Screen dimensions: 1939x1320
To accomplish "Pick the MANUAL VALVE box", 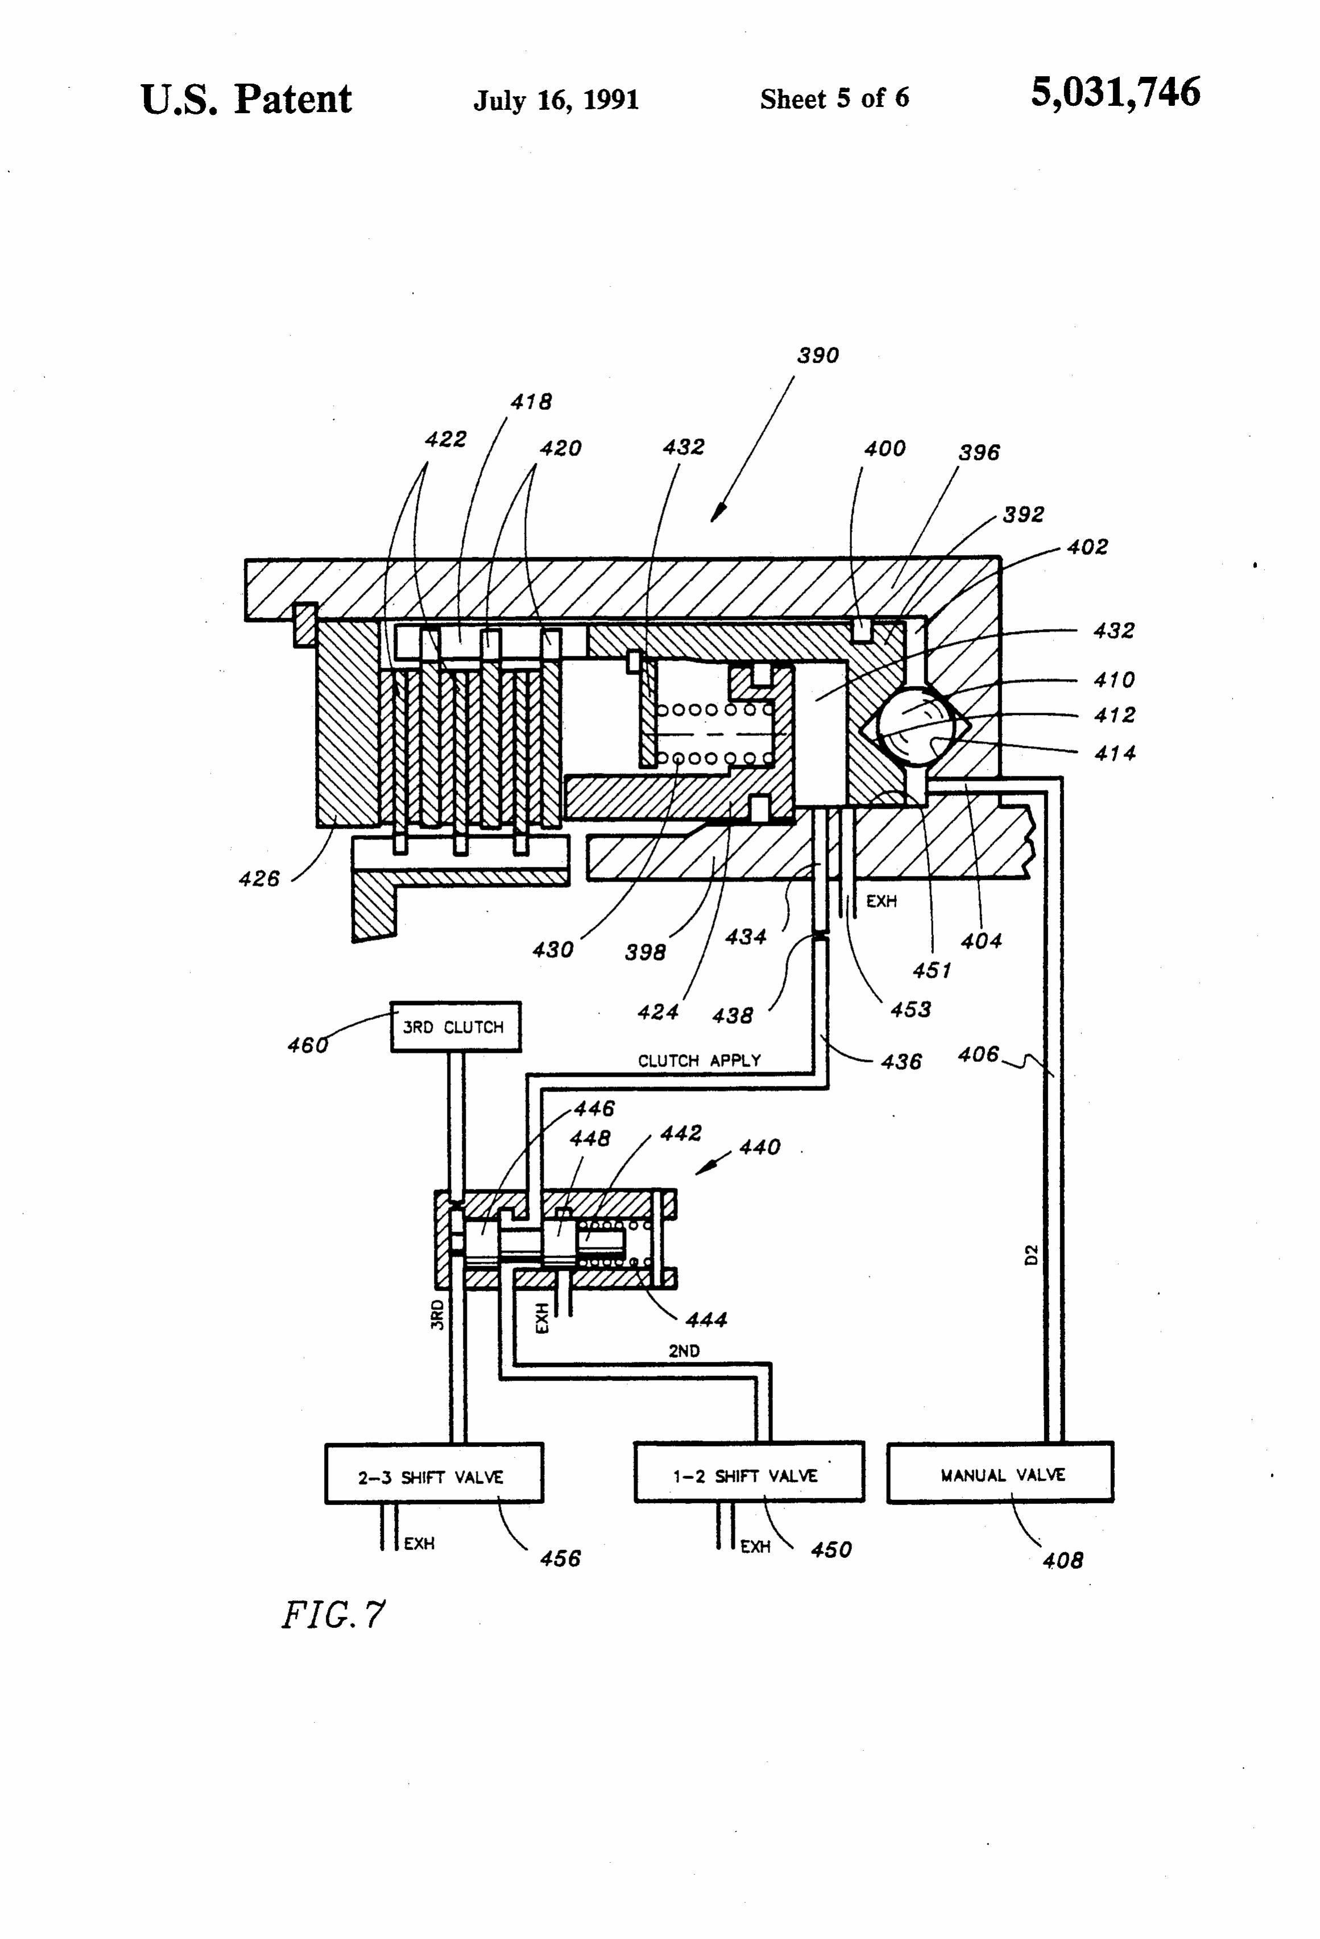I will tap(1000, 1474).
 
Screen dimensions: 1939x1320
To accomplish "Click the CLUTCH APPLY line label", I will tap(699, 1060).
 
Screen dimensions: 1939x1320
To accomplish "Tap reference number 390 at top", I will tap(818, 355).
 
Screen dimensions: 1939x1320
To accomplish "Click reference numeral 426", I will tap(259, 879).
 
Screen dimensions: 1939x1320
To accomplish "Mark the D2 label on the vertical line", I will tap(1031, 1254).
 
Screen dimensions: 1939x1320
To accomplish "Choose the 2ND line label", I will tap(684, 1350).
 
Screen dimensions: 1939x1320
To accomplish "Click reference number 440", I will tap(759, 1147).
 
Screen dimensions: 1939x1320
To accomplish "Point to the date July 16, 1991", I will tap(556, 101).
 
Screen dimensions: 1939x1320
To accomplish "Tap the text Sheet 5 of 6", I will tap(834, 98).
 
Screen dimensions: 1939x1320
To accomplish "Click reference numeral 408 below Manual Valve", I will tap(1062, 1560).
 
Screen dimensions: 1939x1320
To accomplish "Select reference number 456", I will tap(560, 1558).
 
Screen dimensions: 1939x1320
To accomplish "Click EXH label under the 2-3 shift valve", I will tap(419, 1544).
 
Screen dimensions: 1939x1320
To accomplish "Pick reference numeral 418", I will tap(532, 402).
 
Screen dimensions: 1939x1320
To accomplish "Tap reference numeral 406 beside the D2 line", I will tap(978, 1055).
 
